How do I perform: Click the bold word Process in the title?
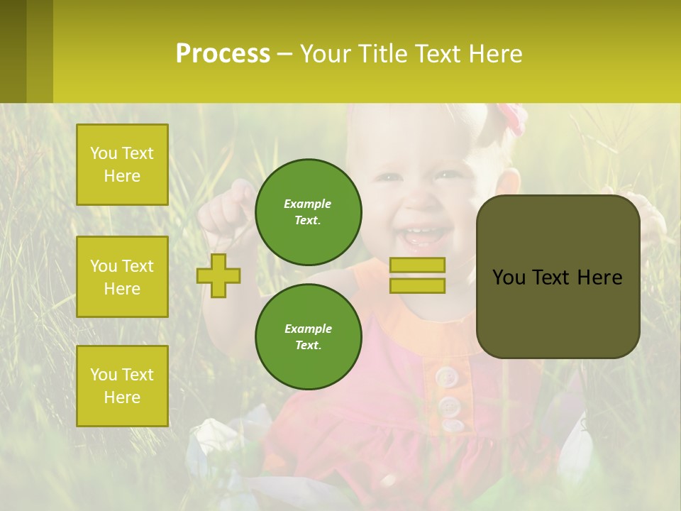pos(223,54)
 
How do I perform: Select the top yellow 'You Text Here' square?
pos(122,165)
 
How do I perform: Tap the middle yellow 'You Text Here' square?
pos(122,277)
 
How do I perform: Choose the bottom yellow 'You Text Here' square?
pos(122,386)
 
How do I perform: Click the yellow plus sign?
pos(218,275)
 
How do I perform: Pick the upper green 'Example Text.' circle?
pos(308,211)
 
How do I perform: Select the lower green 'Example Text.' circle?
pos(308,336)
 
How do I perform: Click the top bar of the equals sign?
pos(417,265)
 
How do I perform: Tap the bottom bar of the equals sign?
pos(417,285)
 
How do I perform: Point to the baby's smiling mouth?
pos(423,235)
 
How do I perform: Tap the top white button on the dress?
pos(445,376)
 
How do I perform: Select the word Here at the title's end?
pos(494,54)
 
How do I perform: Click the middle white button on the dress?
pos(448,406)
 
